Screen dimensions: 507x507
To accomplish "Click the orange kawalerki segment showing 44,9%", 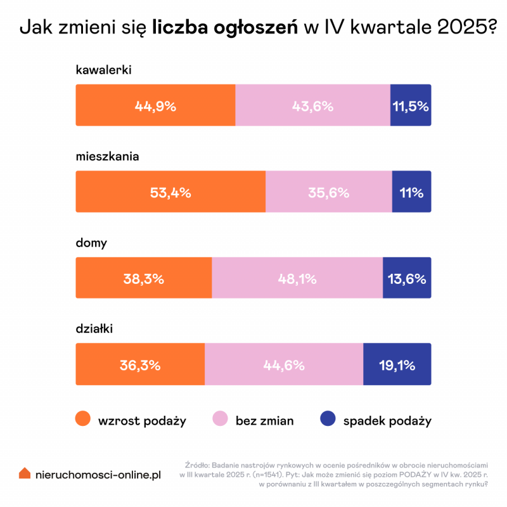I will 155,106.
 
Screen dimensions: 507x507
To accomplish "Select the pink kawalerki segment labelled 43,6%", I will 312,106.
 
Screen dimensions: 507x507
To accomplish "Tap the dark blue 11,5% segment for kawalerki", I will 411,106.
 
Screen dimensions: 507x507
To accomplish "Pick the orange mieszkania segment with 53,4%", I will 170,192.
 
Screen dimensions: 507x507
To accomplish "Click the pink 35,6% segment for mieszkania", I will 329,192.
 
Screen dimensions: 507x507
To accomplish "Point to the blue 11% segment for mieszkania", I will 411,192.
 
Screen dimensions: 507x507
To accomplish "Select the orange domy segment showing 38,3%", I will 144,278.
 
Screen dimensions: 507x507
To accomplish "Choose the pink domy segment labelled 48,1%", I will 297,278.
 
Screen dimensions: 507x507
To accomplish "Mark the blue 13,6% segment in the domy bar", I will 407,278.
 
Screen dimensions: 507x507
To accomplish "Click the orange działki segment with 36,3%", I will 140,364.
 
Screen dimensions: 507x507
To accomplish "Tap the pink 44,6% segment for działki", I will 284,364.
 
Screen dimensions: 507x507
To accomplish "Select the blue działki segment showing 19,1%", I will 397,364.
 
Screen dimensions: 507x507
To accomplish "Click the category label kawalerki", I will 103,70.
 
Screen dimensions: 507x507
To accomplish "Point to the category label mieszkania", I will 107,156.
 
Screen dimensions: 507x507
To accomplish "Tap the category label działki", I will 94,328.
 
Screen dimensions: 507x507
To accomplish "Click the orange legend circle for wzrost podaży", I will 83,420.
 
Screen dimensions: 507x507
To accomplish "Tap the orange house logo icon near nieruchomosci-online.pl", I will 25,473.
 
